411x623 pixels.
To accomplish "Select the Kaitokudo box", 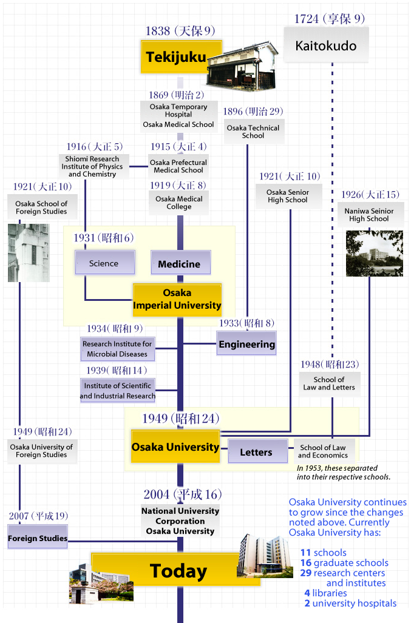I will point(326,45).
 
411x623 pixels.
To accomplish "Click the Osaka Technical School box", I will point(253,132).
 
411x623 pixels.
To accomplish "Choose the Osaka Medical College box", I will point(178,203).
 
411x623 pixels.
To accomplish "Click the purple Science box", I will point(104,263).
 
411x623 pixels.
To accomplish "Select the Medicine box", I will point(180,264).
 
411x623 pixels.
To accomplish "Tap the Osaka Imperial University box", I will point(177,299).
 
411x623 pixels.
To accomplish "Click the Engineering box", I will point(246,344).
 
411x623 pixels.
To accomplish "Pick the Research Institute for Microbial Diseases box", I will point(117,348).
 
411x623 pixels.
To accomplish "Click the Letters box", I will point(256,452).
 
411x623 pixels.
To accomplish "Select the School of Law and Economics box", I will point(323,451).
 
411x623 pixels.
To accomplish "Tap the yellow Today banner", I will point(176,570).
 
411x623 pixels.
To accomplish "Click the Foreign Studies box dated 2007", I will point(38,538).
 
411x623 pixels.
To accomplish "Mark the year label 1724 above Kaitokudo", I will point(306,19).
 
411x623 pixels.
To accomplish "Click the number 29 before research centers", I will point(305,573).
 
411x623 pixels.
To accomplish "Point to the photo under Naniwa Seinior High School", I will point(373,253).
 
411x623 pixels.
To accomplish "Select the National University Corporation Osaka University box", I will point(180,521).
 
